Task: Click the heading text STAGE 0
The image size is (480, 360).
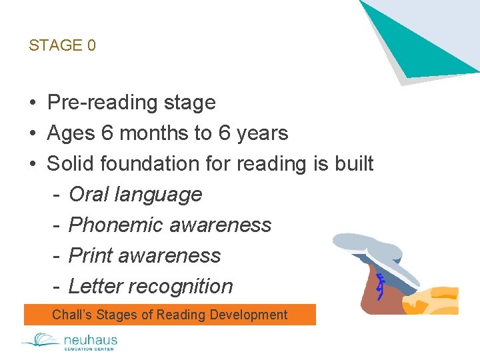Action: coord(62,45)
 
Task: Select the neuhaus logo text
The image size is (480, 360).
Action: coord(90,340)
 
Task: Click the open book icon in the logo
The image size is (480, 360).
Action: coord(41,341)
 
